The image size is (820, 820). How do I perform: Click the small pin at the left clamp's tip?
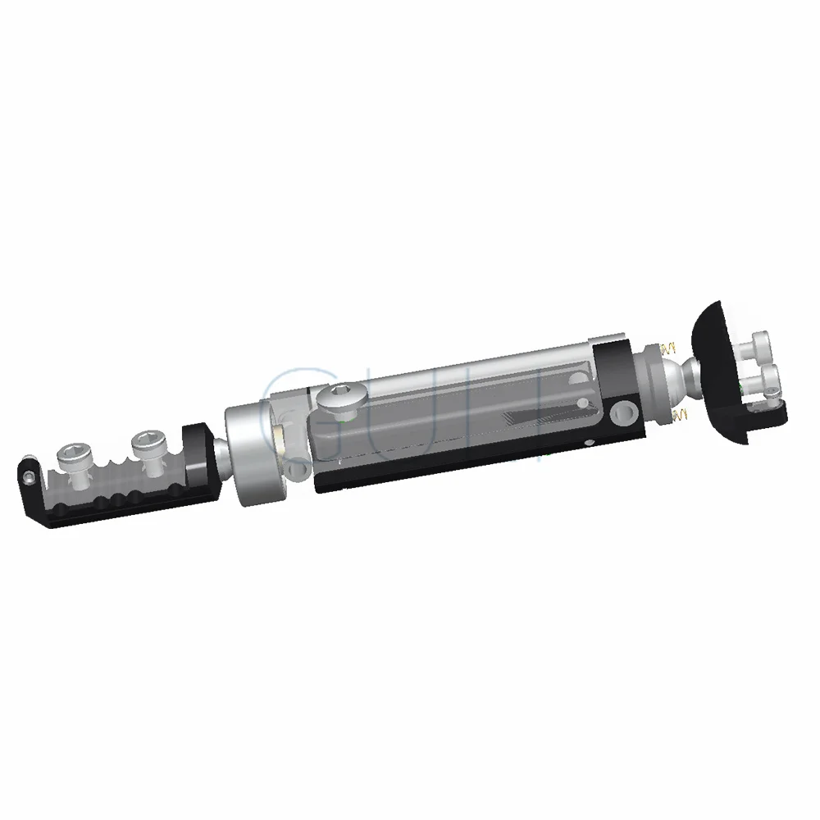point(28,476)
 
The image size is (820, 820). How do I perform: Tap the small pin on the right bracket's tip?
point(774,399)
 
